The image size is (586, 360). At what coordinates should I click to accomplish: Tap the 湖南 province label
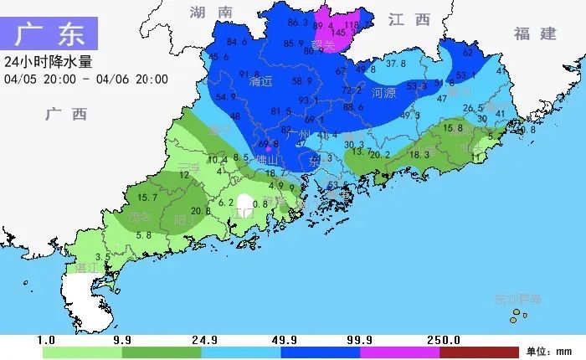[x=210, y=12]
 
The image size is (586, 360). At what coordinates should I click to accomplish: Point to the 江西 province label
[x=409, y=19]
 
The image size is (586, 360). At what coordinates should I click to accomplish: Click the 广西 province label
[x=66, y=114]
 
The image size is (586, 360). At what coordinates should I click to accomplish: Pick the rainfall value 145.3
[x=347, y=33]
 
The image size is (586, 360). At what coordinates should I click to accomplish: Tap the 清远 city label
[x=262, y=82]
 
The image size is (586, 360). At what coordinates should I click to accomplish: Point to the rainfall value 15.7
[x=147, y=198]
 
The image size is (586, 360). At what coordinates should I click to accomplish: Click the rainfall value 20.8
[x=201, y=211]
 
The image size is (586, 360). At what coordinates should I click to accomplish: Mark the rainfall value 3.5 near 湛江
[x=103, y=257]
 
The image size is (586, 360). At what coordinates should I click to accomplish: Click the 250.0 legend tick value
[x=445, y=340]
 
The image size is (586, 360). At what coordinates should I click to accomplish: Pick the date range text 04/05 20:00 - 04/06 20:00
[x=86, y=80]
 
